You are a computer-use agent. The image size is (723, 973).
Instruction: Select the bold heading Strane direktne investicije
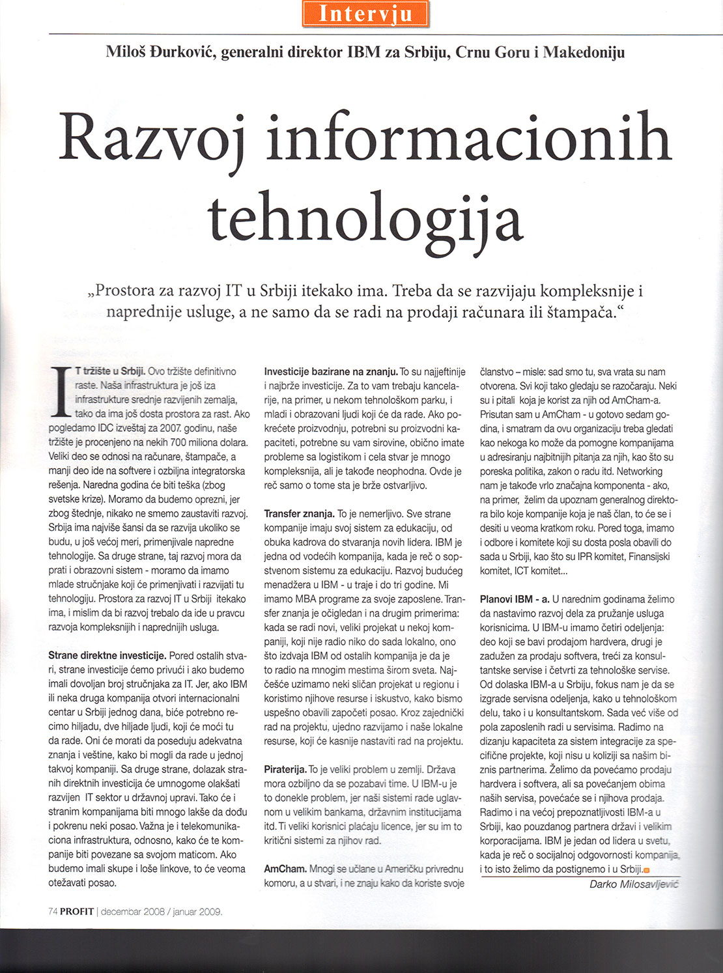[x=107, y=656]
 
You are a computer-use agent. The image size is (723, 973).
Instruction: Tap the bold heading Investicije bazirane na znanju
[x=331, y=372]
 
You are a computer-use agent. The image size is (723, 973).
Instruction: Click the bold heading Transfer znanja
[x=300, y=514]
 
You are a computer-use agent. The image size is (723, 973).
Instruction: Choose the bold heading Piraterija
[x=285, y=769]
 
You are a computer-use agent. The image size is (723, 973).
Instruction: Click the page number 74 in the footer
[x=53, y=912]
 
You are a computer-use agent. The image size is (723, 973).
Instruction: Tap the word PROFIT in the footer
[x=77, y=912]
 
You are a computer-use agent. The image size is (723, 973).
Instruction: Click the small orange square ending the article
[x=647, y=871]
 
